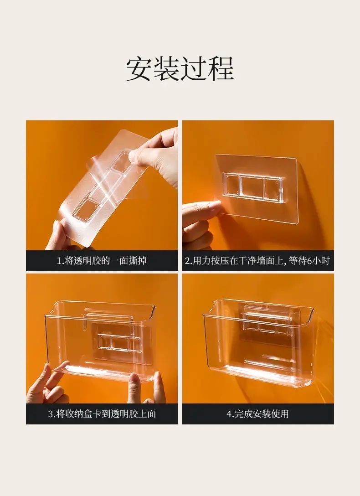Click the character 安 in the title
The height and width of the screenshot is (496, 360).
click(139, 69)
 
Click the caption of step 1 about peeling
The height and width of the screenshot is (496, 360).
click(102, 261)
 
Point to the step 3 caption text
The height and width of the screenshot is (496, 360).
click(102, 414)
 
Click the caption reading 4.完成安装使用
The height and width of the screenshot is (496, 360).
click(257, 414)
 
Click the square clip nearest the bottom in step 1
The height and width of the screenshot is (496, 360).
click(85, 209)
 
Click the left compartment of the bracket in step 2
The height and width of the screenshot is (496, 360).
click(231, 185)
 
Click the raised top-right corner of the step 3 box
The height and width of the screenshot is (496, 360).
click(152, 307)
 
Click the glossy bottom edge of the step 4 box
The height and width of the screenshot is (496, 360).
click(266, 375)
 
